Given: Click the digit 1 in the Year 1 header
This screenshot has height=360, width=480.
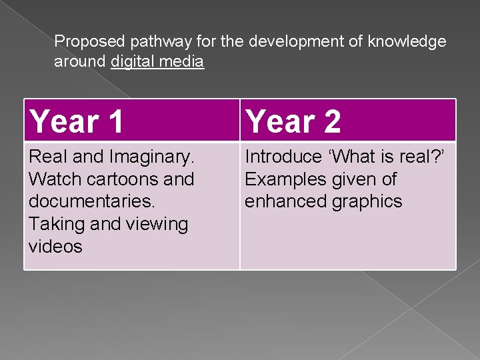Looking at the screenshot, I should coord(114,122).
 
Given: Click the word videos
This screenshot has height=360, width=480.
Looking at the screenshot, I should coord(55,247).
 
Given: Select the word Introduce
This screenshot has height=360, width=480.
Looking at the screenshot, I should coord(283,157).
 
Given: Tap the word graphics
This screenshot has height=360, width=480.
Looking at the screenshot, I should coord(365,202).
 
